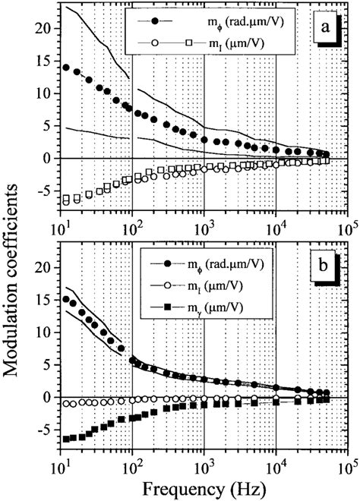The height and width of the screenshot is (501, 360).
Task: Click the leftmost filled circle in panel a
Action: [67, 68]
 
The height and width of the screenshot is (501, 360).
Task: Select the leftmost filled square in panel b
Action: [67, 439]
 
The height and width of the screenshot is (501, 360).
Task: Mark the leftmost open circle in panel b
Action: [67, 404]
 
